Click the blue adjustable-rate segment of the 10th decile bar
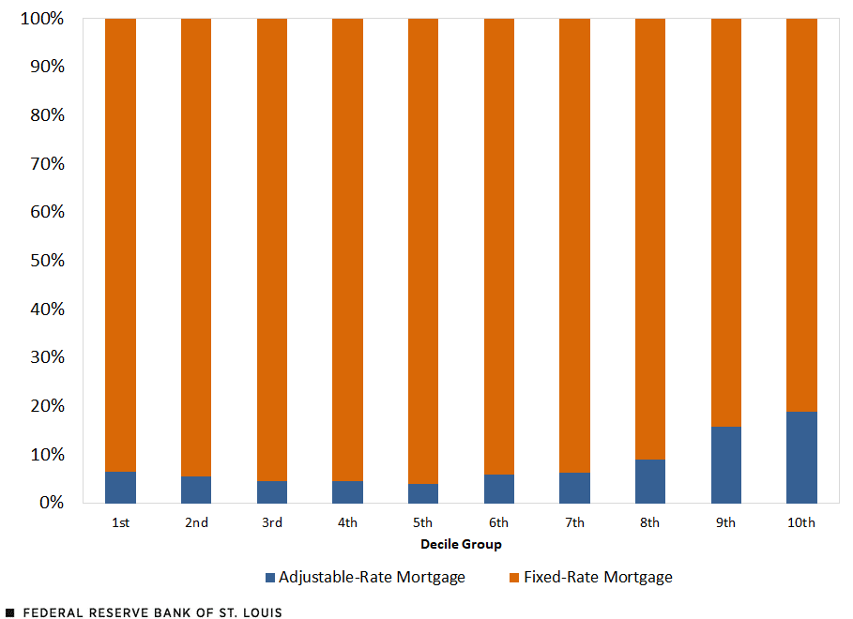coord(801,458)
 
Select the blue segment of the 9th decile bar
coord(726,465)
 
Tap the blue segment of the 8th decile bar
coord(650,481)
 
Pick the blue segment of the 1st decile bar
coord(120,488)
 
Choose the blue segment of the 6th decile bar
coord(499,489)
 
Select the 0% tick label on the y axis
coord(51,503)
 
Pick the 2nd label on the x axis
coord(196,522)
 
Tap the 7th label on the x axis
coord(574,522)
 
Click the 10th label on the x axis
coord(801,522)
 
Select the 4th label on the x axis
coord(347,522)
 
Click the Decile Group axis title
coord(461,545)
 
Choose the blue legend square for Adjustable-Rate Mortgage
coord(271,578)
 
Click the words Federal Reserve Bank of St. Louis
coord(151,612)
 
